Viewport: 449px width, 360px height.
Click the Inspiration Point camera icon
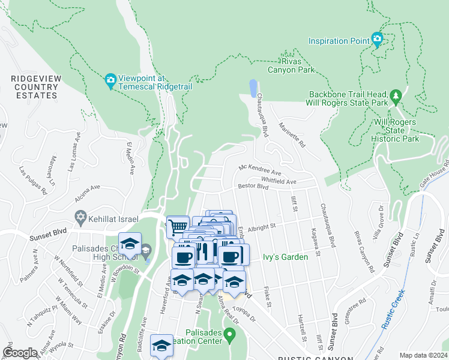tap(377, 40)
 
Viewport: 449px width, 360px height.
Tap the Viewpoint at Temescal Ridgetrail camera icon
tap(110, 80)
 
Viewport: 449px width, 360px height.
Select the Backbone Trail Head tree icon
tap(396, 96)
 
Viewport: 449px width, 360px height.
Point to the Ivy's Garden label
tap(285, 257)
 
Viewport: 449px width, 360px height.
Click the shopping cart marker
tap(178, 227)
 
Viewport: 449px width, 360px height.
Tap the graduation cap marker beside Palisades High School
tap(130, 244)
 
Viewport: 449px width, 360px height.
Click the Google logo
tap(20, 353)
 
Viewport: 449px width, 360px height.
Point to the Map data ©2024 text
tap(423, 355)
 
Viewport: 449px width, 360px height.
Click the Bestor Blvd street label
tap(253, 187)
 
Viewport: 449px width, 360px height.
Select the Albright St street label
tap(260, 227)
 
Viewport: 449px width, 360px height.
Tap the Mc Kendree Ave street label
tap(259, 170)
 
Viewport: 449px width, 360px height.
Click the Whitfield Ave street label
tap(279, 181)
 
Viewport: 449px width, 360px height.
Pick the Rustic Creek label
tap(393, 310)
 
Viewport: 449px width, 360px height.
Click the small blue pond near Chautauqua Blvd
tap(253, 88)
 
